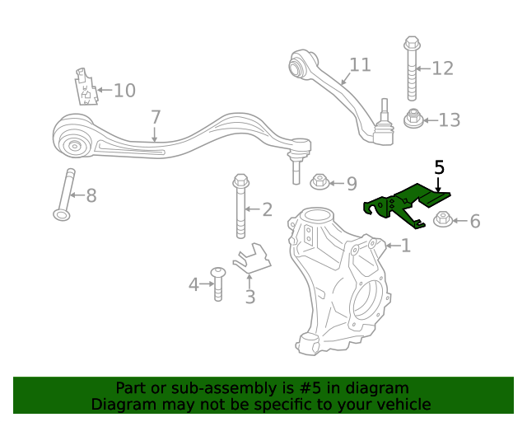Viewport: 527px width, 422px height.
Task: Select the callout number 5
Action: tap(439, 168)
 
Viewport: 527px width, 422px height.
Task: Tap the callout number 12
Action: tap(442, 68)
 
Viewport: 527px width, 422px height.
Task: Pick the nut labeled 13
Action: tap(413, 120)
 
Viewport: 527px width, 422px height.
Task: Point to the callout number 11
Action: tap(360, 65)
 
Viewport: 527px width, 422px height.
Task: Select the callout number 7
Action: tap(156, 117)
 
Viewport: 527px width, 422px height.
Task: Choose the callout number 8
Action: tap(91, 196)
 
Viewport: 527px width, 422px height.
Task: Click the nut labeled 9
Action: tap(319, 182)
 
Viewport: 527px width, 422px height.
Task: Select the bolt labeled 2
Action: tap(240, 205)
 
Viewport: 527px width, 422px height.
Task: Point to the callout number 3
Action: tap(250, 297)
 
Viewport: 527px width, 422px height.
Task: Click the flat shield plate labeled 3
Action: tap(252, 259)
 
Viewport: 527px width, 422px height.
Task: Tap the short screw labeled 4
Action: tap(218, 284)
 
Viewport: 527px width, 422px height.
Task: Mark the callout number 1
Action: tap(405, 246)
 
